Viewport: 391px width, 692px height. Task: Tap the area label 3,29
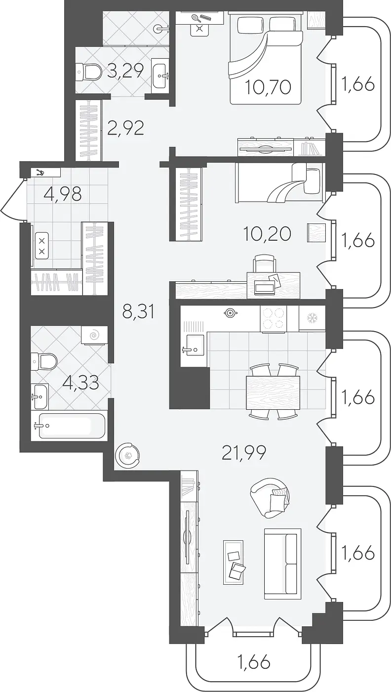(x=125, y=71)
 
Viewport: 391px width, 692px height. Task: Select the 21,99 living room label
(x=244, y=453)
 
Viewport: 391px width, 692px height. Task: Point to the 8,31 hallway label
(x=138, y=312)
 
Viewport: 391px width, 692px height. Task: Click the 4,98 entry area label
(x=63, y=194)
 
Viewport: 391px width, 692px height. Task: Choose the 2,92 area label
(x=125, y=128)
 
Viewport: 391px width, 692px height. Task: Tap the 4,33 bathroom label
(x=80, y=383)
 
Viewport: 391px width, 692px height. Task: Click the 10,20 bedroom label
(x=267, y=234)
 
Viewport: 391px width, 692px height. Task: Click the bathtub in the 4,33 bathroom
(x=69, y=426)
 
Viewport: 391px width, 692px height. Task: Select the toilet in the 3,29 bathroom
(x=89, y=72)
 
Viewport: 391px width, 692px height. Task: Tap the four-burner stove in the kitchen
(x=274, y=319)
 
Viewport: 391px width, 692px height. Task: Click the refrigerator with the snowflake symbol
(x=312, y=318)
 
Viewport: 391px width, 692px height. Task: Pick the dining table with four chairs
(x=273, y=392)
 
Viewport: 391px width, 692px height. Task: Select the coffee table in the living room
(x=233, y=562)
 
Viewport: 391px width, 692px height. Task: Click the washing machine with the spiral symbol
(x=94, y=335)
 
